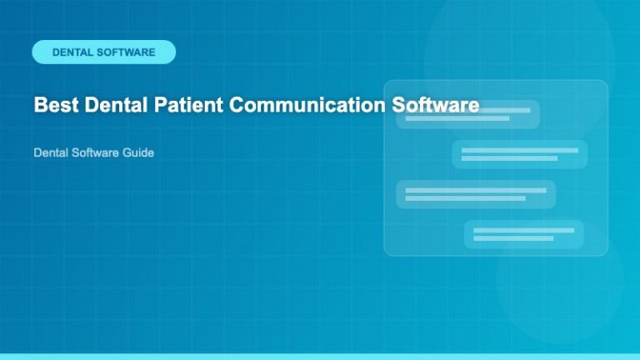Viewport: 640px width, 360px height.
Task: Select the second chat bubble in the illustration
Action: click(x=520, y=154)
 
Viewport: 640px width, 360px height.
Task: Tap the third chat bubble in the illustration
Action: click(x=475, y=194)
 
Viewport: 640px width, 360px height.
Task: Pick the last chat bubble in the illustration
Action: click(x=523, y=234)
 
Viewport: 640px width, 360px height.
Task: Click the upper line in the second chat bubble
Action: click(x=520, y=150)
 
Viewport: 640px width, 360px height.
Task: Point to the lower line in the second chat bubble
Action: click(x=509, y=158)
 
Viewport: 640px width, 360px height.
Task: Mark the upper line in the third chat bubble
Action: click(x=475, y=190)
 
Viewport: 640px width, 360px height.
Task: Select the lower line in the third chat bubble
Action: click(x=465, y=198)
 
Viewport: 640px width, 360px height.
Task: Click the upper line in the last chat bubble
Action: click(x=523, y=230)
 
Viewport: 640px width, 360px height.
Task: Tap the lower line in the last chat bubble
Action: click(x=513, y=238)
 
